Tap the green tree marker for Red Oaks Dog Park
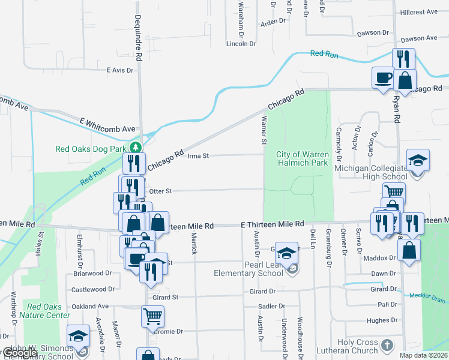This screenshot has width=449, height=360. coord(137,146)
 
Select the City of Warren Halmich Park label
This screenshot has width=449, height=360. coord(303,158)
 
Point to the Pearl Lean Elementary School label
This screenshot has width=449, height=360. coord(249,269)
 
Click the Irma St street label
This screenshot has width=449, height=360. coord(197,156)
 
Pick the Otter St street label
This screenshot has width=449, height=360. coord(160,191)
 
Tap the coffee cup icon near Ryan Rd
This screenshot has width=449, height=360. coord(383,77)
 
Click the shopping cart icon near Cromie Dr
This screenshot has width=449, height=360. coord(152,315)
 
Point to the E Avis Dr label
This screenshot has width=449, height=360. coord(120,70)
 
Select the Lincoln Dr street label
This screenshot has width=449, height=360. coord(241,44)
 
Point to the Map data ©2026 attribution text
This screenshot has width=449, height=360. coord(424,355)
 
